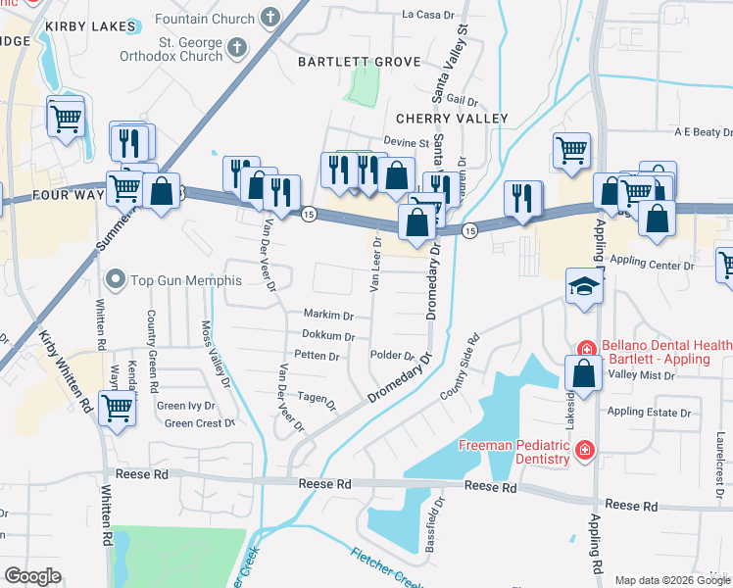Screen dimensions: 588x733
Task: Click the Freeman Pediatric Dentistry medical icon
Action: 585,451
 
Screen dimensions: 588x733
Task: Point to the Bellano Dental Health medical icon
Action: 586,348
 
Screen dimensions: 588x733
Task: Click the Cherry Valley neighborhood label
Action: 452,119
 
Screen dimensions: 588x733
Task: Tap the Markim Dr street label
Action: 328,316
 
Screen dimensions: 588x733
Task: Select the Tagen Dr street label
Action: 317,400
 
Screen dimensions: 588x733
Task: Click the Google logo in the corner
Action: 33,576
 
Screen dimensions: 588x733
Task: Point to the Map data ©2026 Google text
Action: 670,580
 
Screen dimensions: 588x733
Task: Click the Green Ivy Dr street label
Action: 185,406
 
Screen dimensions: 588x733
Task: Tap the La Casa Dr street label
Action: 430,15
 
